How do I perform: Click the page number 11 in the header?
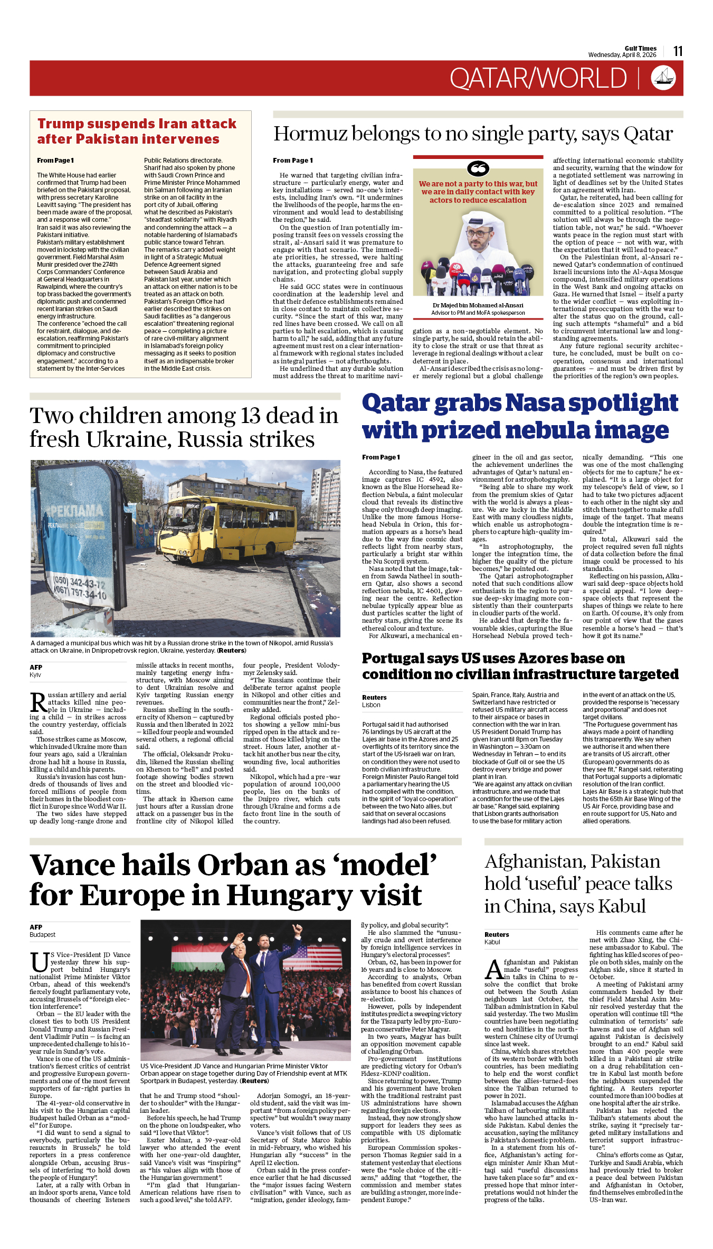(x=678, y=51)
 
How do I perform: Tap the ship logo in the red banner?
(x=663, y=78)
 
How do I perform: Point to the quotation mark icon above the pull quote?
(x=478, y=169)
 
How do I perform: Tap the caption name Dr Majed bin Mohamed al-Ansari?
(x=478, y=305)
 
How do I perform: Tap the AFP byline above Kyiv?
(x=36, y=668)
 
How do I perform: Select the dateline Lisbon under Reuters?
(x=371, y=705)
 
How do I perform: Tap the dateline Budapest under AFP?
(x=42, y=935)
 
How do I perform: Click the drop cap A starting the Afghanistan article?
(x=493, y=970)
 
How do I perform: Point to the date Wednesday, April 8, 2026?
(x=622, y=55)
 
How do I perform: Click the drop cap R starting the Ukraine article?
(x=38, y=703)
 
